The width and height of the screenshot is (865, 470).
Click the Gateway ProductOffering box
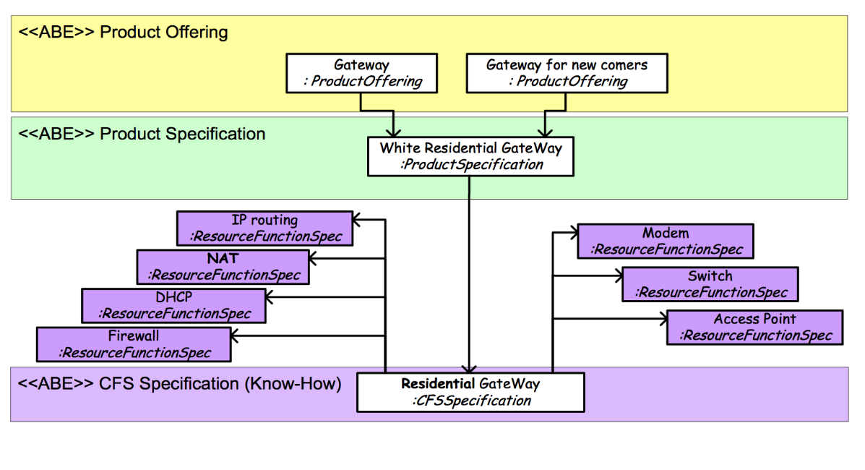(x=362, y=73)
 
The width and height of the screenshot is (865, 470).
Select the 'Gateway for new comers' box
(x=567, y=73)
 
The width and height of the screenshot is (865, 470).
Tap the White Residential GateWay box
(x=470, y=156)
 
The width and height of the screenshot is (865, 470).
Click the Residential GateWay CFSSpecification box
(x=470, y=392)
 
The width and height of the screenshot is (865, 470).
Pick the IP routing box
(x=264, y=228)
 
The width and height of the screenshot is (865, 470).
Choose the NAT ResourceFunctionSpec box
(x=223, y=267)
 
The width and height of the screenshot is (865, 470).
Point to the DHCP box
(x=173, y=305)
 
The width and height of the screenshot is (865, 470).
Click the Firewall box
(x=134, y=344)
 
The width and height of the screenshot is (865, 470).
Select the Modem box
(x=666, y=241)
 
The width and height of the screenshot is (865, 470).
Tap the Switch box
(x=710, y=284)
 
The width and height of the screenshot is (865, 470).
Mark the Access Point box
(x=754, y=327)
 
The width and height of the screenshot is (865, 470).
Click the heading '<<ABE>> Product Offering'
(x=123, y=32)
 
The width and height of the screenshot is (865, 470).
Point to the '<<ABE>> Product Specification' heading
(x=142, y=134)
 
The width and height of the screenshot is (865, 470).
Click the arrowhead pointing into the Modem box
(x=573, y=233)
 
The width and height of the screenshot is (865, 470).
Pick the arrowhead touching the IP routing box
(x=357, y=220)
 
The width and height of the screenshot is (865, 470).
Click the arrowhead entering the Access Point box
(x=663, y=319)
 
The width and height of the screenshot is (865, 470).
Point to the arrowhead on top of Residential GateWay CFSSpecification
(x=469, y=368)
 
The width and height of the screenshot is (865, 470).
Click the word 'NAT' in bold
(x=223, y=258)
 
